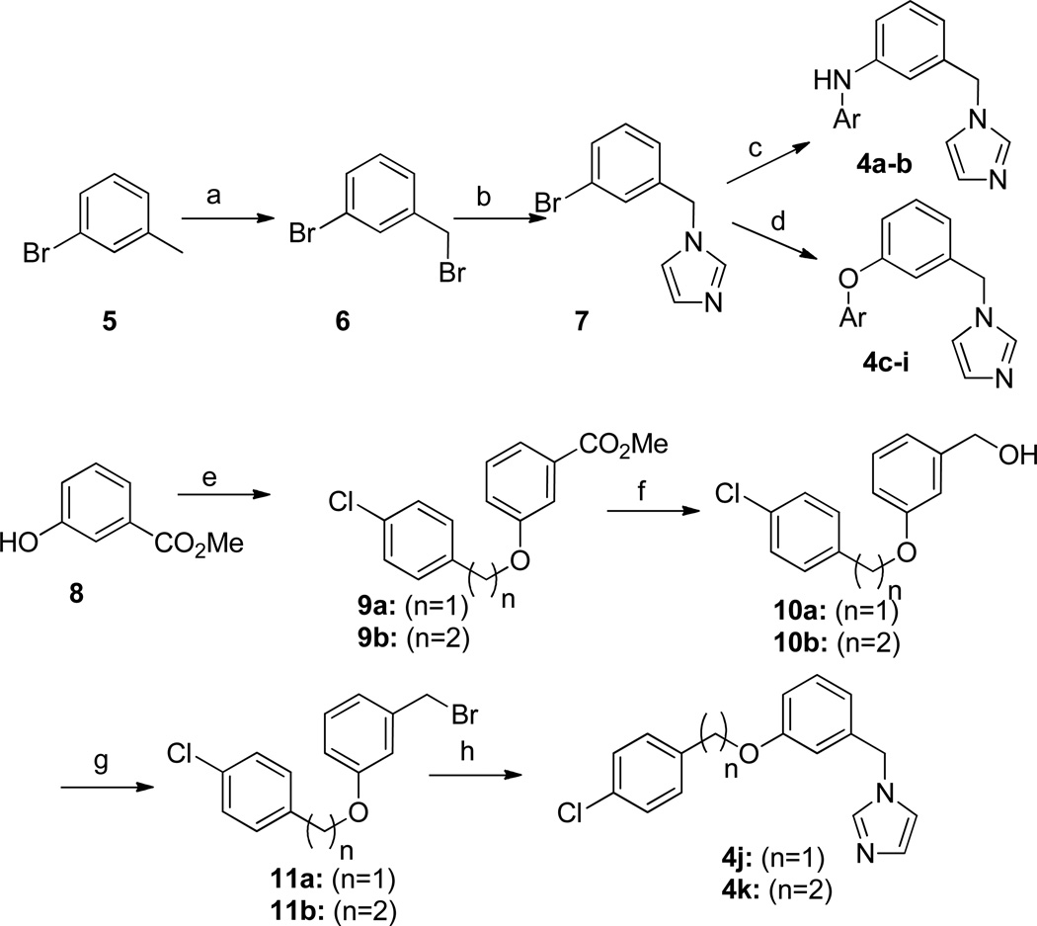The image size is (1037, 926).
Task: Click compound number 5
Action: coord(108,322)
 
